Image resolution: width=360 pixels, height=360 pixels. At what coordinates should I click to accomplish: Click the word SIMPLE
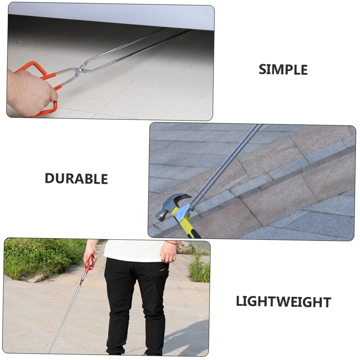[283, 70]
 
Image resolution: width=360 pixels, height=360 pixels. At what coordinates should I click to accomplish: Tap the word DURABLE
[76, 179]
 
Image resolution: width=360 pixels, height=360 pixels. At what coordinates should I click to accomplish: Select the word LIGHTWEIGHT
[283, 302]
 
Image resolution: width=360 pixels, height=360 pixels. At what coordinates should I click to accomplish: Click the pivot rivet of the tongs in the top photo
[80, 70]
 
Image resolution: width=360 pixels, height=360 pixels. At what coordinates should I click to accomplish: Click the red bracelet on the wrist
[171, 243]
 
